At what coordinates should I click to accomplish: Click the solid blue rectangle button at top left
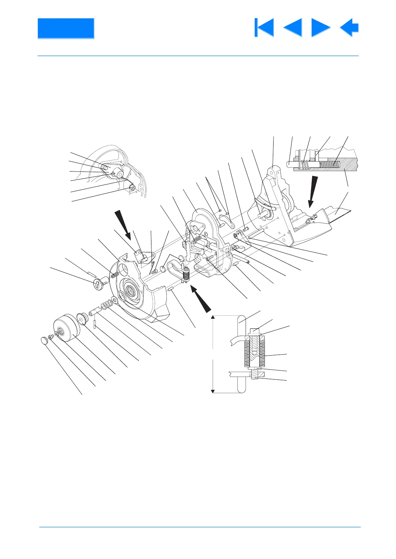point(66,28)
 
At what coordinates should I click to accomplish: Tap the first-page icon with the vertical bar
point(264,28)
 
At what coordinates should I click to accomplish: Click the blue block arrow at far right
point(349,28)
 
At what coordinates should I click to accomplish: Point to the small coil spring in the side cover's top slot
point(114,274)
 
